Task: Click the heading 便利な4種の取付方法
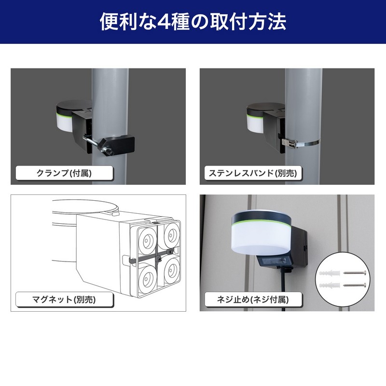pos(193,22)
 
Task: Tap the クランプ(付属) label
pos(64,173)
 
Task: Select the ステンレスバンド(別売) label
pos(253,173)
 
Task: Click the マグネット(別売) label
pos(64,300)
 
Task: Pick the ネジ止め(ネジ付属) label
pos(253,300)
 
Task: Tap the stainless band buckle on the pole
pos(290,143)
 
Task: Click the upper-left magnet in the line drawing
pos(148,238)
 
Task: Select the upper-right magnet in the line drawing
pos(171,235)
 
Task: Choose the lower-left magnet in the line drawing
pos(148,278)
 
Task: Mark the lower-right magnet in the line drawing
pos(172,270)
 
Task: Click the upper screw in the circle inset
pos(355,273)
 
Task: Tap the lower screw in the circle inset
pos(355,285)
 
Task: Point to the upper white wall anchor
pos(330,273)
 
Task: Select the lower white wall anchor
pos(330,286)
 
